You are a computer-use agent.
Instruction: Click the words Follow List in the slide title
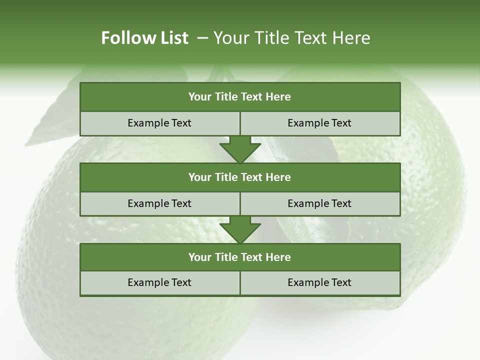144,38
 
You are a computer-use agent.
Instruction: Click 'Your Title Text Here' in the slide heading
291,38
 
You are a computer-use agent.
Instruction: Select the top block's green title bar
240,97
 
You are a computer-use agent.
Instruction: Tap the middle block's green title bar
240,177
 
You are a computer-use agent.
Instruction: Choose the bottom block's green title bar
240,257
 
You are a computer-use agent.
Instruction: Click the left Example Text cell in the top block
159,123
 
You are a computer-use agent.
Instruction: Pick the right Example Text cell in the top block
319,123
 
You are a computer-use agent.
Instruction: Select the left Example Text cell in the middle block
159,203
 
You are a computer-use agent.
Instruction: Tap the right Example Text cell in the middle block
319,203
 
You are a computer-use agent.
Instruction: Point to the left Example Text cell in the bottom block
159,282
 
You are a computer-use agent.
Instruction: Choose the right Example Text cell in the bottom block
319,282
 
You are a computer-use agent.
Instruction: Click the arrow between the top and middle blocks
240,149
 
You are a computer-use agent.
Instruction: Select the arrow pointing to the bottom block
240,230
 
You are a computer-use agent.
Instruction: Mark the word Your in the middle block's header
200,177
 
